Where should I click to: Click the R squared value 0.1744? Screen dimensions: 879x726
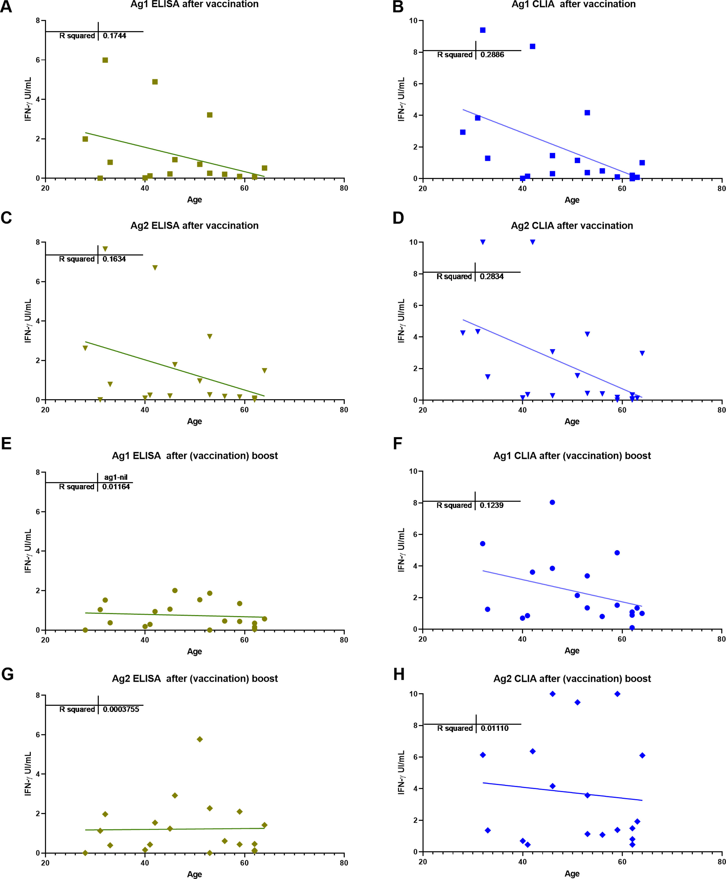pyautogui.click(x=114, y=36)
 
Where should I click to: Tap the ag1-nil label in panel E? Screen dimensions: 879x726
pyautogui.click(x=115, y=477)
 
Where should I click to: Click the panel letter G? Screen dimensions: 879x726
pyautogui.click(x=7, y=675)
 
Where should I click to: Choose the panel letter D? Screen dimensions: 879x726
pyautogui.click(x=398, y=218)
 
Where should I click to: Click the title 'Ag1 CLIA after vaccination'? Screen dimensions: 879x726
pyautogui.click(x=573, y=4)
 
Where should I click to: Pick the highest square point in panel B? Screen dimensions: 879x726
pyautogui.click(x=483, y=30)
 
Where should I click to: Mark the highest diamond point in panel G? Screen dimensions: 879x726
pyautogui.click(x=200, y=739)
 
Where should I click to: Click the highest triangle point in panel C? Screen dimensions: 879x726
pyautogui.click(x=105, y=249)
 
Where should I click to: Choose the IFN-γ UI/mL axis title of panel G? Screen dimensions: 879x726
pyautogui.click(x=28, y=774)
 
